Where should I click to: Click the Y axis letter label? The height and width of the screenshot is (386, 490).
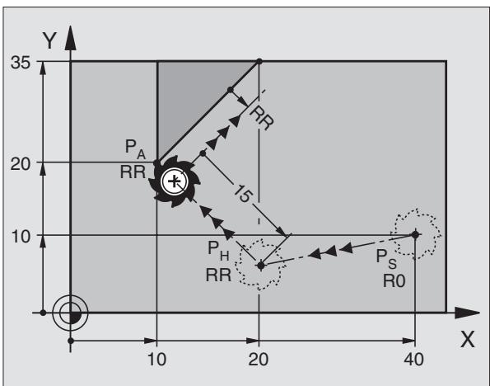click(49, 41)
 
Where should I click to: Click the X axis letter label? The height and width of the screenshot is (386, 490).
click(468, 339)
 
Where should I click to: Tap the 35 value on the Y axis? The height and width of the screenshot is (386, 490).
click(21, 63)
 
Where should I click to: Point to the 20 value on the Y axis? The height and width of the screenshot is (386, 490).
click(21, 164)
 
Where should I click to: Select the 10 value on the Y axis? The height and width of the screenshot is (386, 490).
click(21, 237)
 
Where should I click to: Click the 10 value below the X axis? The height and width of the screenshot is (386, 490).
click(156, 360)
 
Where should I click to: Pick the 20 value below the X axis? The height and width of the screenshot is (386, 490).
click(258, 360)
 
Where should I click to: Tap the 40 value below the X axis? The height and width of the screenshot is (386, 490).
click(413, 360)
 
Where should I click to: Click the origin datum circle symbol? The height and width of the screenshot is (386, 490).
click(70, 312)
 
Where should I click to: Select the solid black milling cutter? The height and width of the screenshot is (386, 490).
click(175, 181)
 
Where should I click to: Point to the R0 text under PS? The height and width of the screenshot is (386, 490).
click(394, 280)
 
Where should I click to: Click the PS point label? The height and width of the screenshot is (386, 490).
click(386, 259)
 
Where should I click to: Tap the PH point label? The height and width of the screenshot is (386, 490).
click(218, 251)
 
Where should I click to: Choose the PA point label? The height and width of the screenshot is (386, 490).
click(135, 149)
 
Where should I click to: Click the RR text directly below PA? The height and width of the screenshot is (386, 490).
click(133, 172)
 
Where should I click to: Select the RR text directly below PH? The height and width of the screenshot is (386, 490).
click(218, 275)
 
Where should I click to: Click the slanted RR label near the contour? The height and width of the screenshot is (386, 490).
click(261, 118)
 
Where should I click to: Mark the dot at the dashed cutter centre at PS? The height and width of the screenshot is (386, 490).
click(415, 234)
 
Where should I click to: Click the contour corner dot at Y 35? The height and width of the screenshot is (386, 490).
click(259, 61)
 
